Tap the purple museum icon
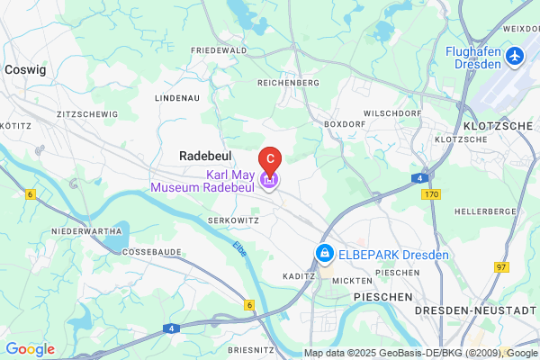(x=269, y=180)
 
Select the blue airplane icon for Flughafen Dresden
(x=515, y=57)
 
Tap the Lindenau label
(x=175, y=96)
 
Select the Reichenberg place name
(x=288, y=83)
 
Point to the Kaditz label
(x=297, y=276)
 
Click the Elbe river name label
(x=238, y=248)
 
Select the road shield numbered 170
(x=433, y=193)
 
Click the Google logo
(x=31, y=349)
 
